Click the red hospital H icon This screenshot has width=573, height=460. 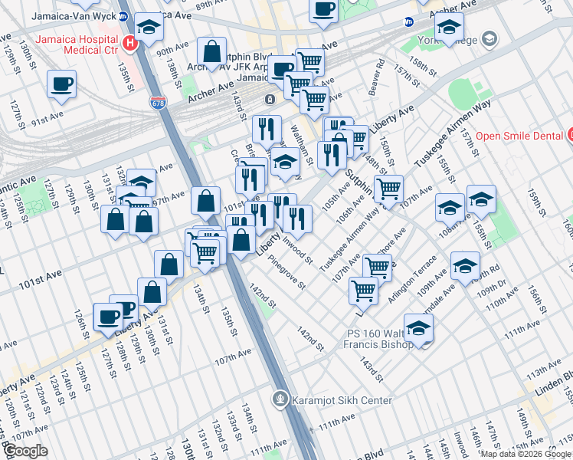tap(130, 43)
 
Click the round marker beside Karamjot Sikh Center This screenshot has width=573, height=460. tap(281, 399)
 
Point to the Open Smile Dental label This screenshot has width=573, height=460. tap(519, 136)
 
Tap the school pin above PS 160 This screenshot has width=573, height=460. tap(418, 327)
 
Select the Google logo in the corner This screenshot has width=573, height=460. tap(25, 451)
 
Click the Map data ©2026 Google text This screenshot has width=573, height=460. tap(526, 454)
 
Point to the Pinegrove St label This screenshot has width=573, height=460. tap(286, 273)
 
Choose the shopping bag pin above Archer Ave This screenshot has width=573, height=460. tap(211, 51)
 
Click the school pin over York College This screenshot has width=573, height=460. tap(449, 26)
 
